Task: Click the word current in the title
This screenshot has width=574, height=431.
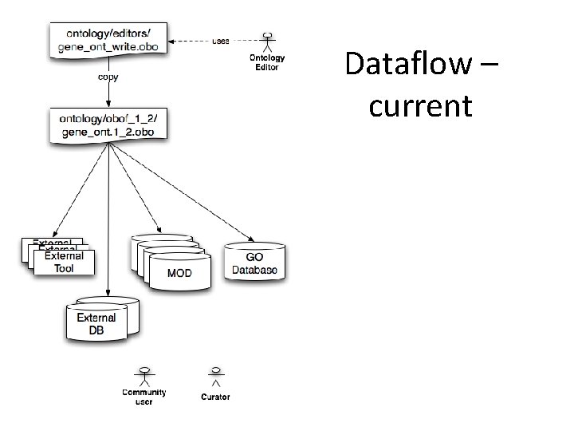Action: click(420, 105)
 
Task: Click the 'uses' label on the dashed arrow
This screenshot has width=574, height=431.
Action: click(221, 41)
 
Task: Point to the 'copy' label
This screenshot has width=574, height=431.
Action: click(109, 78)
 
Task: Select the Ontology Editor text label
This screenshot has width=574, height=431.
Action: click(267, 62)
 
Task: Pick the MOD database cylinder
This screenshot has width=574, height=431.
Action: click(179, 270)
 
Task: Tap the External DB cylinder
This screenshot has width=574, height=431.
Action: click(96, 320)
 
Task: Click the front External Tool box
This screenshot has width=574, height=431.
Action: click(64, 262)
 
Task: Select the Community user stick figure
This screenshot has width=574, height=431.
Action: click(144, 375)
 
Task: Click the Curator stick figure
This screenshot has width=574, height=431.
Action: click(215, 375)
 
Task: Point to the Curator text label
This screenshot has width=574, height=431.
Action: click(215, 397)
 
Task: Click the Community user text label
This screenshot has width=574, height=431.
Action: click(144, 397)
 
